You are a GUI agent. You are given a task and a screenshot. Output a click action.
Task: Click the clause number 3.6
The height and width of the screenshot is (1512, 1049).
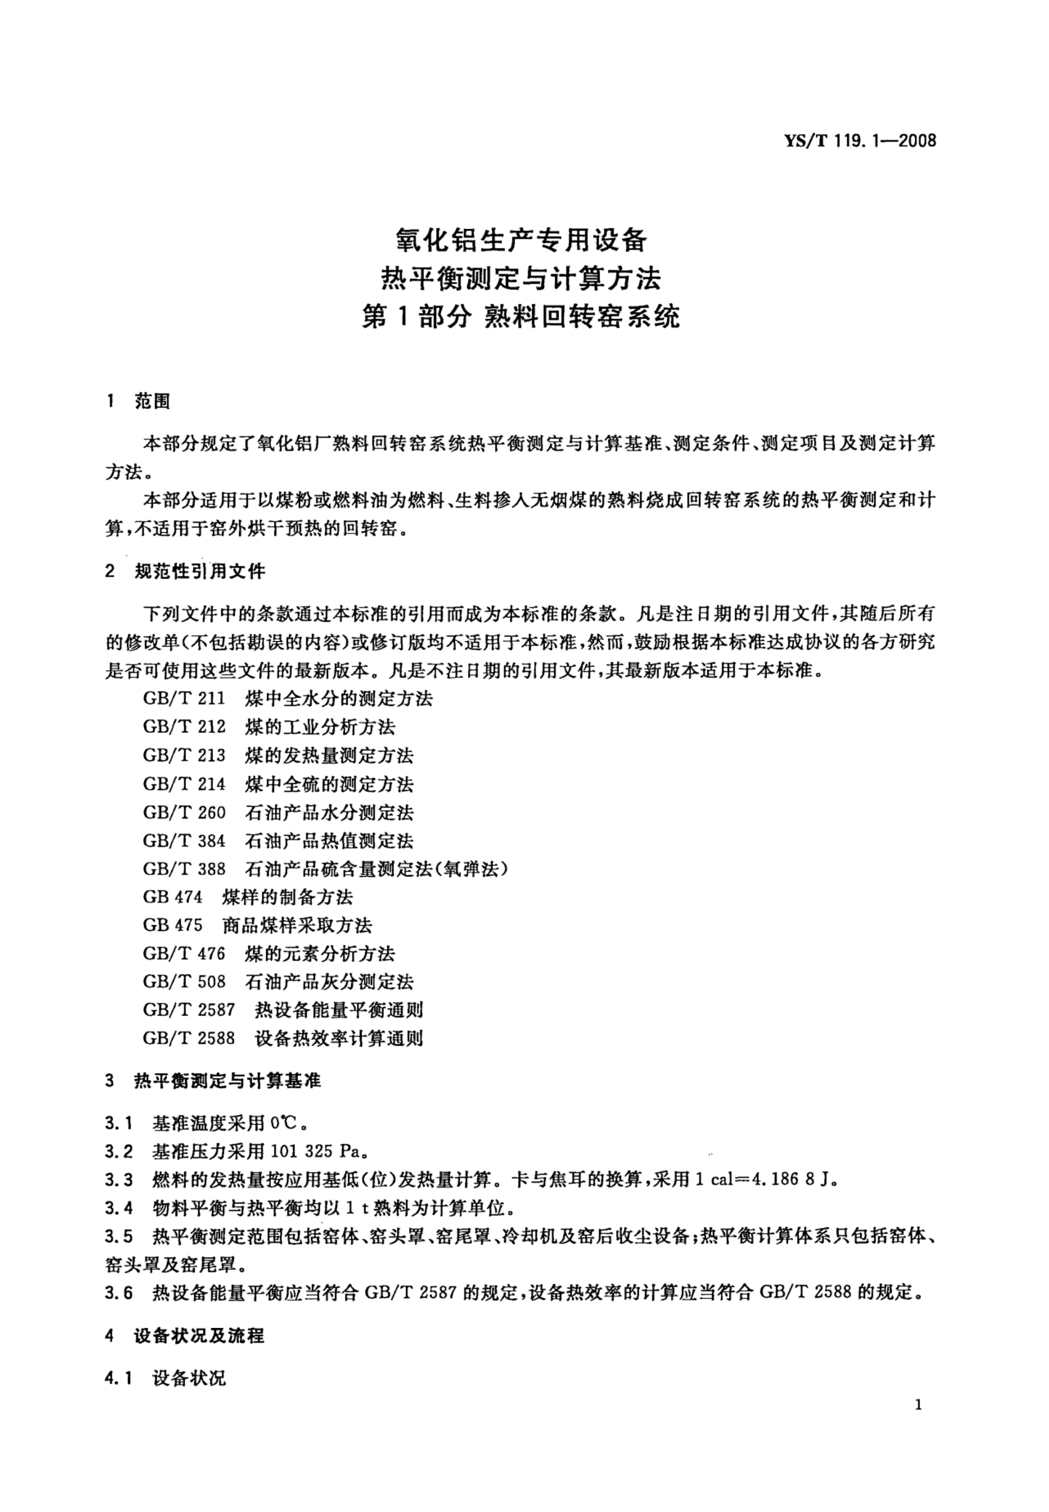(x=119, y=1293)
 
